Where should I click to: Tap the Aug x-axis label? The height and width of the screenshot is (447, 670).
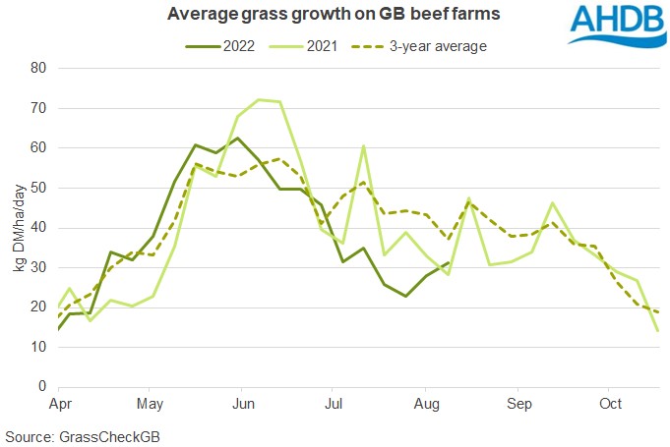point(425,404)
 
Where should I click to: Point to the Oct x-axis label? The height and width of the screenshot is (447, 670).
point(611,404)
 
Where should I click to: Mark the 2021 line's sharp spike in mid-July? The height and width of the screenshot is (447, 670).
point(364,146)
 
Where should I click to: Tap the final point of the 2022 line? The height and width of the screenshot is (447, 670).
point(450,262)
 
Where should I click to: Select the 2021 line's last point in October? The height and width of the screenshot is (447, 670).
point(656,331)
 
